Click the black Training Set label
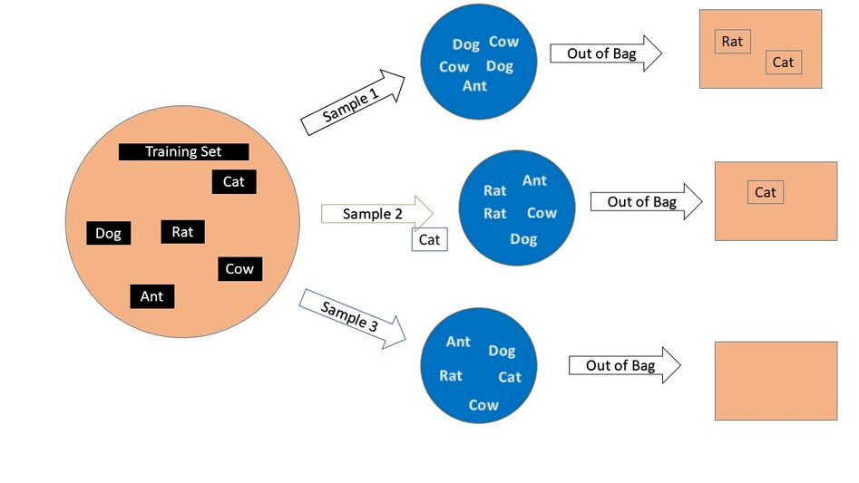pos(183,152)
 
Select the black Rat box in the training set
pos(182,232)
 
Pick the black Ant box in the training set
pos(151,295)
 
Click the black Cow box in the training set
pos(239,268)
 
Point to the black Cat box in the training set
pos(234,181)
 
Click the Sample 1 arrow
pos(355,102)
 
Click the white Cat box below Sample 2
pos(429,239)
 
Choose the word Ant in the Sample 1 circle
pos(474,86)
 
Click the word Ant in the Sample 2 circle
pos(534,180)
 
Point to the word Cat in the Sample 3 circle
pos(510,377)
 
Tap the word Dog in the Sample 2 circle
pos(523,239)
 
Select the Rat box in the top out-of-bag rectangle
pos(732,41)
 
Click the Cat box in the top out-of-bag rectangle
pos(783,63)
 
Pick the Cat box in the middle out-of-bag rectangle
pos(766,192)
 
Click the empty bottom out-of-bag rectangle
pos(776,381)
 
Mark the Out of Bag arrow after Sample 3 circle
pos(624,365)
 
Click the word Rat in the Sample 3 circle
pos(451,375)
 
